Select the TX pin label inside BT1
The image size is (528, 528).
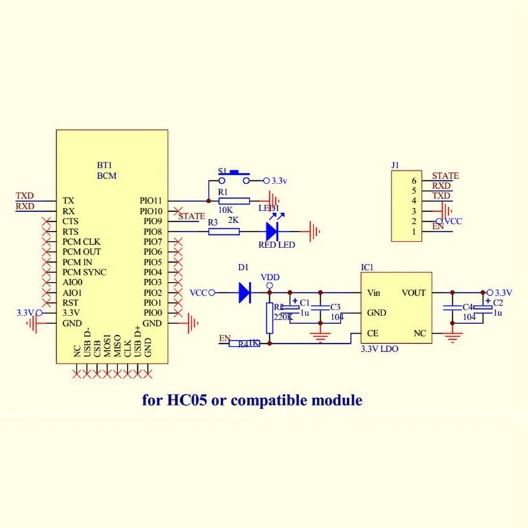click(x=68, y=200)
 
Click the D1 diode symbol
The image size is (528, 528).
click(x=245, y=292)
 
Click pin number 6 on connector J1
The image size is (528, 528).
click(x=414, y=180)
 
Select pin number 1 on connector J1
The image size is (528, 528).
click(x=414, y=232)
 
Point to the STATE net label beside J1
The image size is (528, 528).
click(x=445, y=176)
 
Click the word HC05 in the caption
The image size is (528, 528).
click(x=188, y=400)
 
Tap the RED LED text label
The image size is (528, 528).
click(x=277, y=246)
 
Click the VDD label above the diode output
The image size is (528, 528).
click(x=270, y=277)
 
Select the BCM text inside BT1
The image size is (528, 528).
click(x=106, y=176)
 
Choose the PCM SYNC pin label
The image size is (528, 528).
click(x=84, y=272)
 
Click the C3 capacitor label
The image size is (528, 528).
click(x=335, y=307)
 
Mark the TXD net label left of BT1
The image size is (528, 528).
click(x=25, y=196)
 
